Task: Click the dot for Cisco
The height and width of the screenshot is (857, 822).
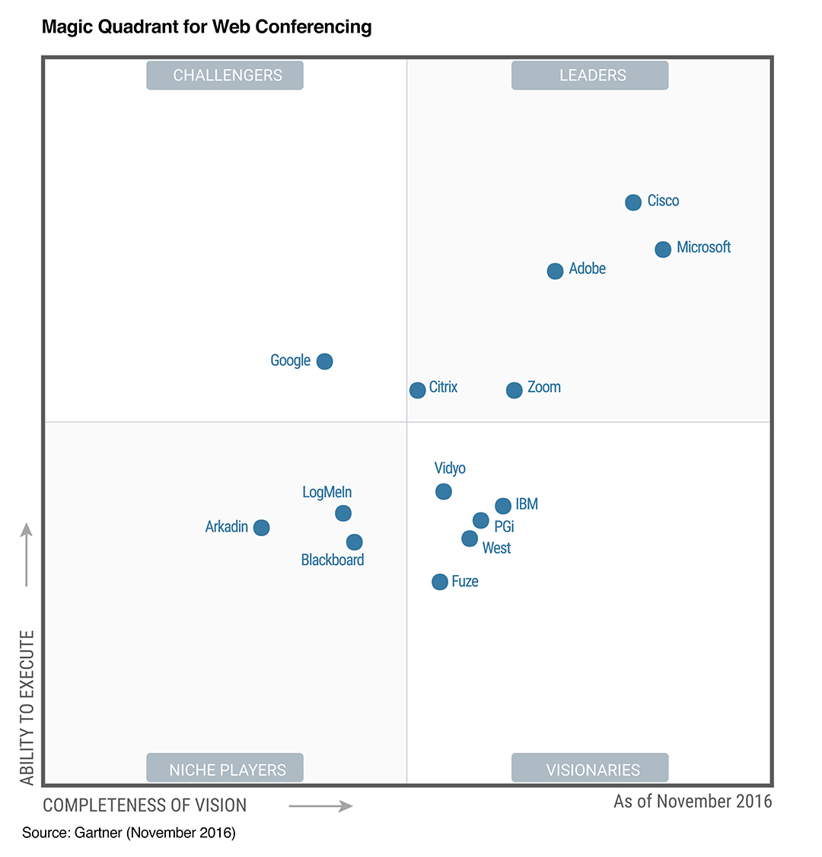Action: coord(633,202)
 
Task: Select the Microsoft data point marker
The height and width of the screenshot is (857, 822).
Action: coord(663,249)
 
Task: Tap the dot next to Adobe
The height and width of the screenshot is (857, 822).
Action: coord(556,271)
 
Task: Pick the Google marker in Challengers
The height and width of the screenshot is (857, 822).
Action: coord(324,361)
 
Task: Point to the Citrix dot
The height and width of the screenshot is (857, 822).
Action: coord(418,390)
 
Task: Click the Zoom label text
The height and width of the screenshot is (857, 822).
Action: coord(544,387)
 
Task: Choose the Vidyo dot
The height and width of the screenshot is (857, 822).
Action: coord(444,492)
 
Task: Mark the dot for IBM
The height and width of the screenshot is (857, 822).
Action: coord(503,506)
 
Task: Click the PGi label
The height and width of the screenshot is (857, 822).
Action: coord(504,526)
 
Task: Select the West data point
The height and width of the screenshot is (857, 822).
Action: coord(470,538)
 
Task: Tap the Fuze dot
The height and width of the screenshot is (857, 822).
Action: coord(440,582)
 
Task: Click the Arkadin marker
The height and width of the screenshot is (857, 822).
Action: coord(261,527)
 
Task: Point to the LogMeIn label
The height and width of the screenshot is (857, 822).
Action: coord(327,492)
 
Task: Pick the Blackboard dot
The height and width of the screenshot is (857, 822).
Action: coord(354,542)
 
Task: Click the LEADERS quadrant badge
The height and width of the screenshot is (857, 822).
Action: coord(590,75)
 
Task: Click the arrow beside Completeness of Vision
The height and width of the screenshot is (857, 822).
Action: coord(321,805)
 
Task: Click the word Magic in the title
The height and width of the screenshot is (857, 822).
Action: coord(67,27)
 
